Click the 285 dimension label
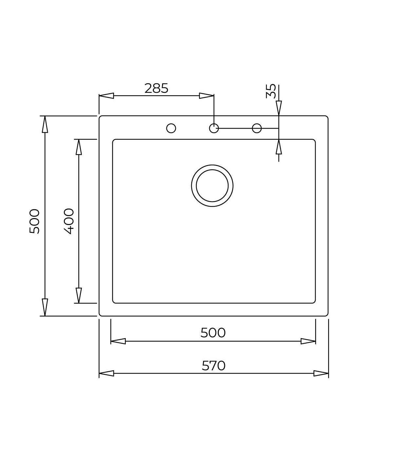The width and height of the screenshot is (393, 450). click(x=156, y=88)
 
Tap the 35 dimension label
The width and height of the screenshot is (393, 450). click(x=271, y=91)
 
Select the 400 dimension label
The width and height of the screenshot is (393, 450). click(x=69, y=221)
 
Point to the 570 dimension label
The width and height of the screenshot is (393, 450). click(x=214, y=365)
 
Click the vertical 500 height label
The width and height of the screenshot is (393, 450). click(x=35, y=221)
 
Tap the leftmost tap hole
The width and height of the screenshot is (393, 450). click(x=171, y=128)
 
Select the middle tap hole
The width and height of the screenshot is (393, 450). click(x=214, y=128)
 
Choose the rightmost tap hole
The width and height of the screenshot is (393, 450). click(x=257, y=128)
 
